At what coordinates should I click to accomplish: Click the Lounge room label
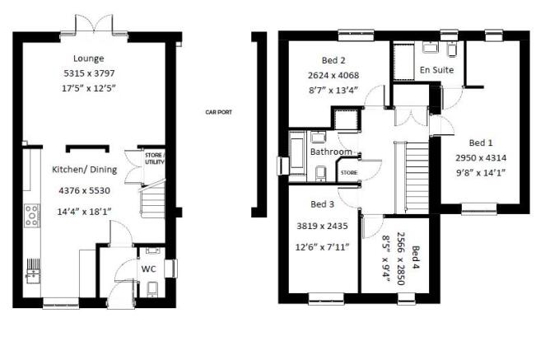pos(89,58)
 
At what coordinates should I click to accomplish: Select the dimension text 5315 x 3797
pos(89,73)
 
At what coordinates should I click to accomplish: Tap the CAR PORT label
pos(218,112)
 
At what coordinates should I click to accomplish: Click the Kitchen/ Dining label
pos(85,170)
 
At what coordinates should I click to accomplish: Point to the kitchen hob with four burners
pos(32,215)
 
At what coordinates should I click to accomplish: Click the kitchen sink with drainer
pos(33,271)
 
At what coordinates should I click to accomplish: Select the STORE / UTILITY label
pos(155,158)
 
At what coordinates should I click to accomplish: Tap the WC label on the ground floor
pos(149,269)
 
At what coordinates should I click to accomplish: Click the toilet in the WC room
pos(152,289)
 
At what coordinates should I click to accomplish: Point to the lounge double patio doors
pos(94,25)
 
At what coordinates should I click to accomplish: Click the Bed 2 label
pos(333,60)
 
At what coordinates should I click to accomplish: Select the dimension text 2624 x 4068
pos(333,75)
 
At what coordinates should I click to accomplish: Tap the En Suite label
pos(437,70)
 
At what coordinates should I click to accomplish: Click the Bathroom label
pos(331,152)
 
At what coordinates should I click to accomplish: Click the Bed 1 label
pos(481,143)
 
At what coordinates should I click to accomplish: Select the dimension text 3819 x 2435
pos(323,226)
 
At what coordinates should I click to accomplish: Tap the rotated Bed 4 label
pos(415,257)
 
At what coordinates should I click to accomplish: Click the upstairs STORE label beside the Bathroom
pos(349,173)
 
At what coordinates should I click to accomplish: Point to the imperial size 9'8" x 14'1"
pos(481,173)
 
